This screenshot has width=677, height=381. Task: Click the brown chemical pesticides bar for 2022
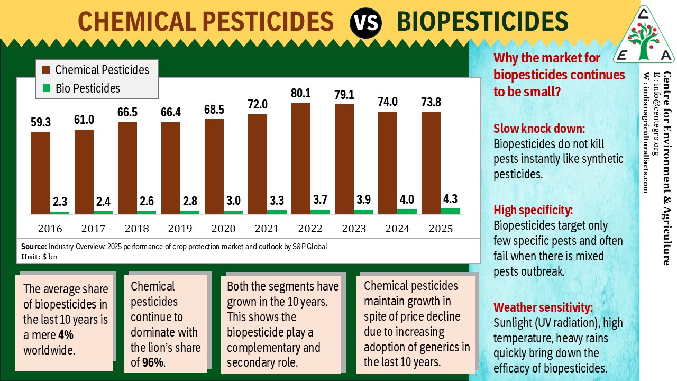click(x=301, y=158)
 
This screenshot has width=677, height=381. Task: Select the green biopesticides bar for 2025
click(x=450, y=211)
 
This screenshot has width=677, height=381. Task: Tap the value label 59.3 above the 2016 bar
click(x=41, y=122)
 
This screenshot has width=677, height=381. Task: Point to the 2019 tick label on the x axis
click(x=180, y=229)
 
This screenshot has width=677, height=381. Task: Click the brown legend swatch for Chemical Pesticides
click(x=46, y=70)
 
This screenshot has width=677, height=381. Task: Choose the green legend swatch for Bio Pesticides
click(x=46, y=88)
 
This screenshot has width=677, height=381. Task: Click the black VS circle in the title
click(x=365, y=22)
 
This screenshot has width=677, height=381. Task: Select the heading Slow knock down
click(x=539, y=129)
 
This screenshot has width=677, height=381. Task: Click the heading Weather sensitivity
click(x=543, y=307)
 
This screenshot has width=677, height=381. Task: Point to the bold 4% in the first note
click(x=66, y=335)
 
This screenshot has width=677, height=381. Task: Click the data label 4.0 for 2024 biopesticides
click(x=407, y=199)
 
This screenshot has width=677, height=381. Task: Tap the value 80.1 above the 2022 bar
click(x=301, y=93)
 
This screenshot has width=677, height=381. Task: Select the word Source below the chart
click(x=34, y=247)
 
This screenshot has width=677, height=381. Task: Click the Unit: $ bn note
click(x=39, y=257)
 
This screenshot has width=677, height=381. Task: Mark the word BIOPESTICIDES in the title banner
click(x=482, y=21)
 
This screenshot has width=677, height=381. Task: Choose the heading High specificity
click(x=533, y=210)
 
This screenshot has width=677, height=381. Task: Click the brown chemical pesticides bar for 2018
click(x=127, y=168)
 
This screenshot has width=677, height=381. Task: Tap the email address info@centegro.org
click(x=656, y=113)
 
